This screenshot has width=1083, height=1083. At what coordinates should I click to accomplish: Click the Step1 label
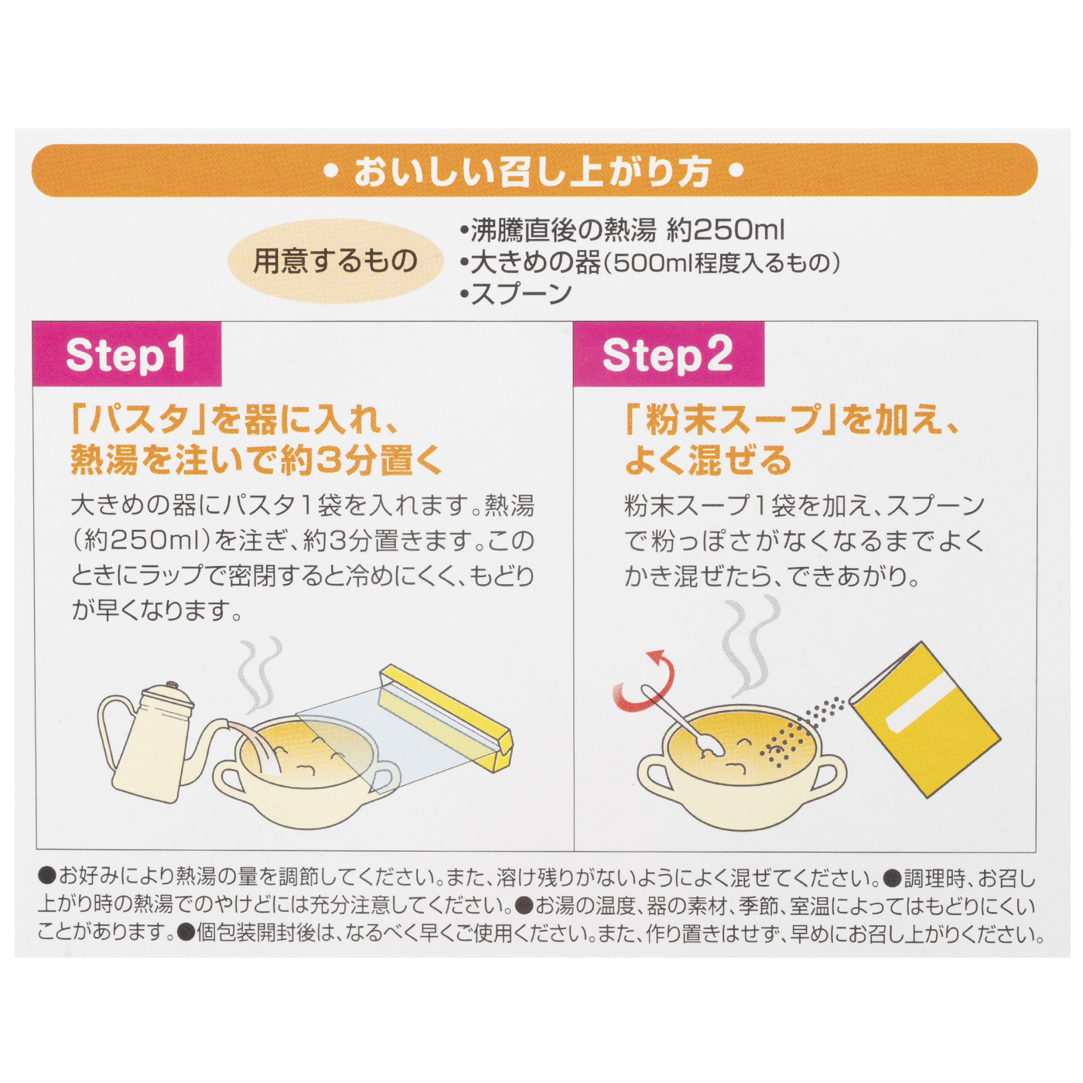click(x=126, y=355)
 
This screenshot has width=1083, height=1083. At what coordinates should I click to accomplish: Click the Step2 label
click(x=668, y=355)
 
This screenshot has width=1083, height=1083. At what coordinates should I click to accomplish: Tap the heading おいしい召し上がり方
click(x=533, y=171)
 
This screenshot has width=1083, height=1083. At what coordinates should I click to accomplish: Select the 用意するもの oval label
click(x=335, y=261)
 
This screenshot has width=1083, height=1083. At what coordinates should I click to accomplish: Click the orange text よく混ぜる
click(x=708, y=460)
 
